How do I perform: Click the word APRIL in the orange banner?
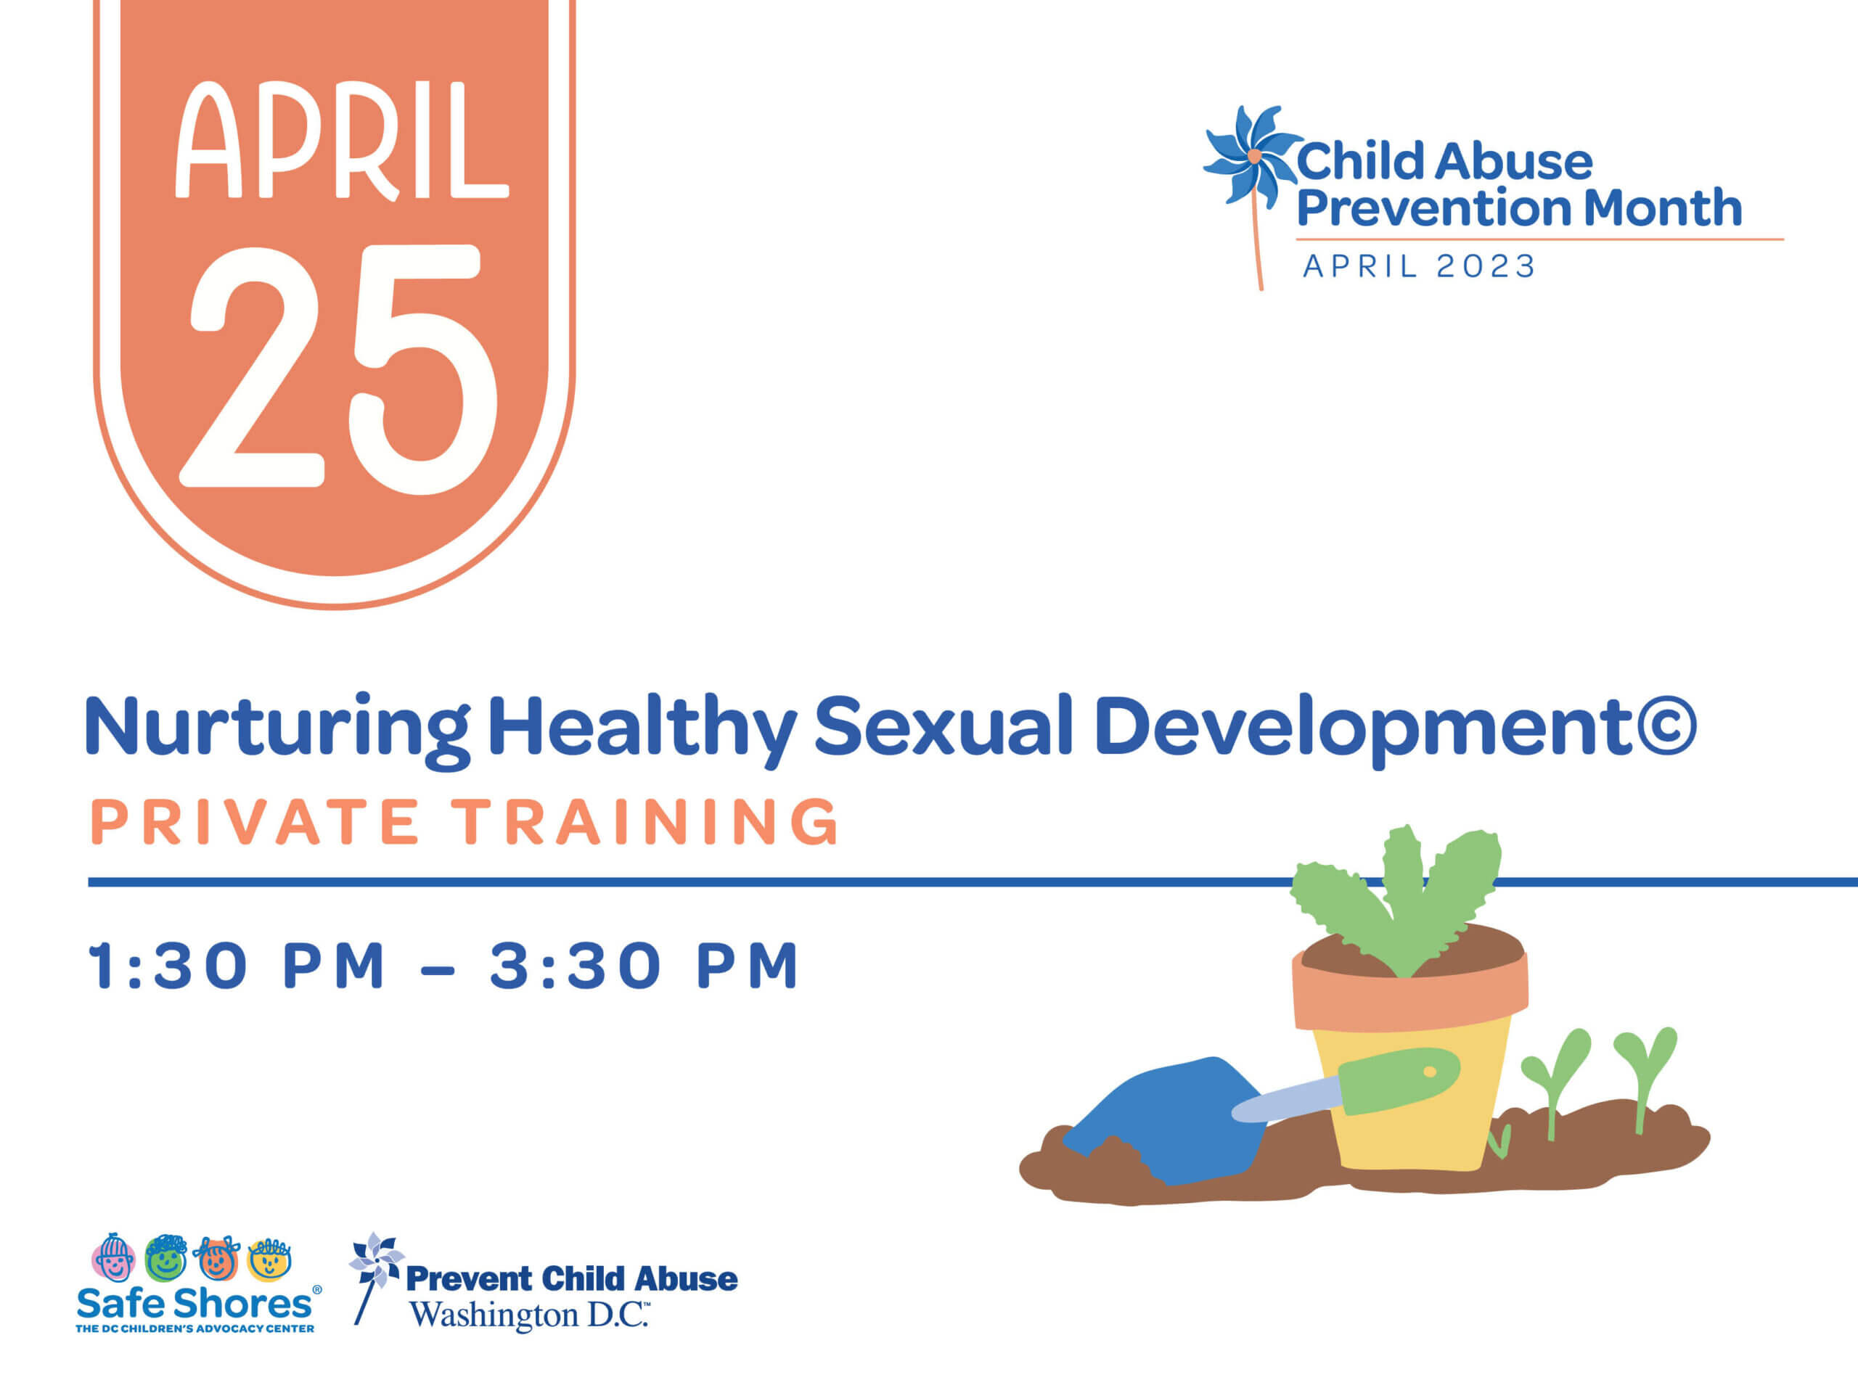tap(342, 140)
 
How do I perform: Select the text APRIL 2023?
tap(1419, 266)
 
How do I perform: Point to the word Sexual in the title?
tap(944, 724)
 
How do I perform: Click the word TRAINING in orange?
tap(645, 821)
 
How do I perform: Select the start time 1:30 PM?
tap(236, 966)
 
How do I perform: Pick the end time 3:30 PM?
tap(644, 966)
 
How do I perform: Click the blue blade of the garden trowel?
tap(1168, 1121)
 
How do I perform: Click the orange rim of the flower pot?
tap(1410, 993)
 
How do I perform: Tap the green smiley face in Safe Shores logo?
tap(165, 1258)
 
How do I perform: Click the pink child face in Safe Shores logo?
tap(112, 1258)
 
